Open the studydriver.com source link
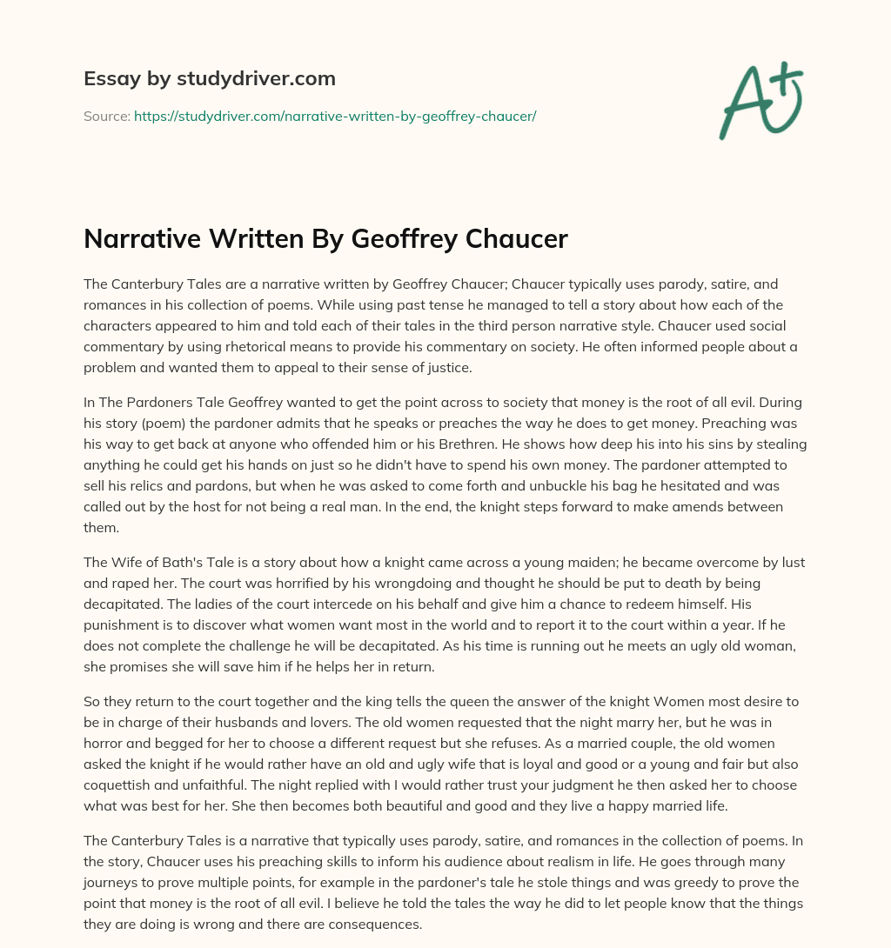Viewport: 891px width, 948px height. [335, 116]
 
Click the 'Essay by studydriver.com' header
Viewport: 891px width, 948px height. [209, 78]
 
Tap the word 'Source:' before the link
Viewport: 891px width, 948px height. [106, 116]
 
